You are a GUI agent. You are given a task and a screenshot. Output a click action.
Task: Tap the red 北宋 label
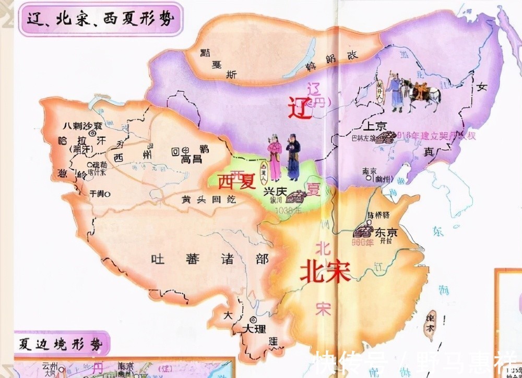pyautogui.click(x=325, y=271)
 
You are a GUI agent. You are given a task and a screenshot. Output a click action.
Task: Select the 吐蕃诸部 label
pyautogui.click(x=209, y=259)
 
